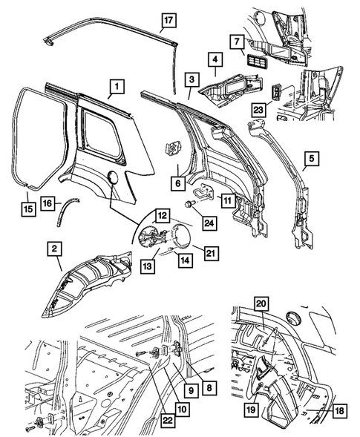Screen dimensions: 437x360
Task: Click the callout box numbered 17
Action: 168,20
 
